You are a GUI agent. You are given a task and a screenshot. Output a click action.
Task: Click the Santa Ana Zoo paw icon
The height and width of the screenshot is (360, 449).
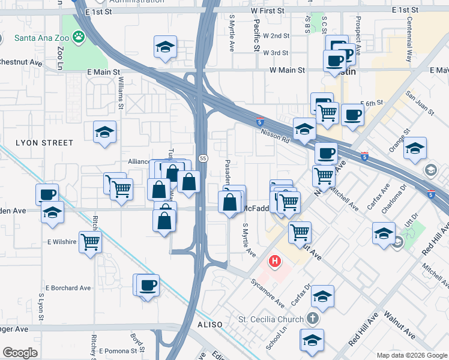coord(79,37)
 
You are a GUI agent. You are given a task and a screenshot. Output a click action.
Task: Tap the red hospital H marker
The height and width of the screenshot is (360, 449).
coord(275,262)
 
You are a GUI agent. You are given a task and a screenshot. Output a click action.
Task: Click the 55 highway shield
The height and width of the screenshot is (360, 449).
coord(203,158)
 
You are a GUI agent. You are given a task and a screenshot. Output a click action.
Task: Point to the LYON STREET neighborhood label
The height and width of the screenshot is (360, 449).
coord(44,143)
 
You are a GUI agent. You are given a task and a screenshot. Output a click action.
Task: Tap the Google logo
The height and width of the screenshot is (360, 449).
coord(20,353)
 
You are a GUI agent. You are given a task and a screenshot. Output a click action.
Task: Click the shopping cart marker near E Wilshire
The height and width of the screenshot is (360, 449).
coord(90,242)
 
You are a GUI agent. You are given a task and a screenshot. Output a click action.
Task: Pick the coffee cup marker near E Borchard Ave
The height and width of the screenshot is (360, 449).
coord(148,284)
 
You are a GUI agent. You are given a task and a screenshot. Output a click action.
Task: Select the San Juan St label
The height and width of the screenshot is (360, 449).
coord(419,101)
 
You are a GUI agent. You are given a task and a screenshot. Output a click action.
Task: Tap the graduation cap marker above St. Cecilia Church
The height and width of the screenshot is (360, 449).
coord(323,296)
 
